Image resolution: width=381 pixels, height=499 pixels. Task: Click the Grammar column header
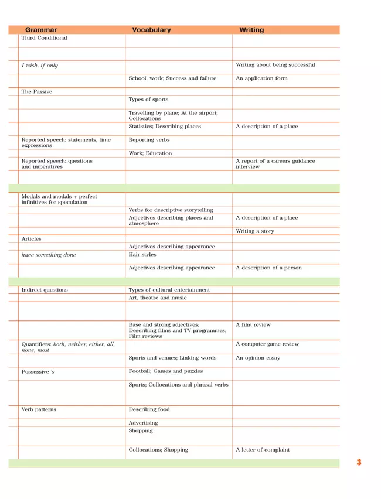point(41,30)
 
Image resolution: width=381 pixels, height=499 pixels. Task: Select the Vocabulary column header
point(151,30)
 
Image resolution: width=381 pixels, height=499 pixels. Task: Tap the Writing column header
point(251,30)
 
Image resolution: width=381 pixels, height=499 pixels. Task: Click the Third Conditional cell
point(45,38)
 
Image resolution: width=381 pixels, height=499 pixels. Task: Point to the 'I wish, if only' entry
point(40,66)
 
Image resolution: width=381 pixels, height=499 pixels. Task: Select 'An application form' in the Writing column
point(261,78)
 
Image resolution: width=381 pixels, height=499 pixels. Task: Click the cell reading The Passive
point(37,92)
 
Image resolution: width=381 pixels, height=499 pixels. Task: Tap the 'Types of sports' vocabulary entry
point(148,100)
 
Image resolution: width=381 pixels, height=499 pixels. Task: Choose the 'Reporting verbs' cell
point(149,140)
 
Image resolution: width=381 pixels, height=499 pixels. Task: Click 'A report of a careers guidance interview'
point(275,164)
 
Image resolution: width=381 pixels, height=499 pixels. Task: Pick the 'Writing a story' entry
point(255,231)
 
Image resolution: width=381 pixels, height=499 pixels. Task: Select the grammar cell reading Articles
point(32,239)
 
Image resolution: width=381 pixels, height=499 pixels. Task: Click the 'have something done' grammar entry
point(49,255)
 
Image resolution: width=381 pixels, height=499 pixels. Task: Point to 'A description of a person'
point(268,268)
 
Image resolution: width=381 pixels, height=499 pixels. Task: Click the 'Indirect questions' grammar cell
point(45,290)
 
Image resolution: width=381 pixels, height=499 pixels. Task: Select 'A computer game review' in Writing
point(267,344)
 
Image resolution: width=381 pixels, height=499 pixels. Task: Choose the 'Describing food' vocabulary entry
point(149,410)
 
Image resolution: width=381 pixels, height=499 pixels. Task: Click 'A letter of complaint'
point(263,450)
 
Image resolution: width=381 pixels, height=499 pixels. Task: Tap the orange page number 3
point(359,463)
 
